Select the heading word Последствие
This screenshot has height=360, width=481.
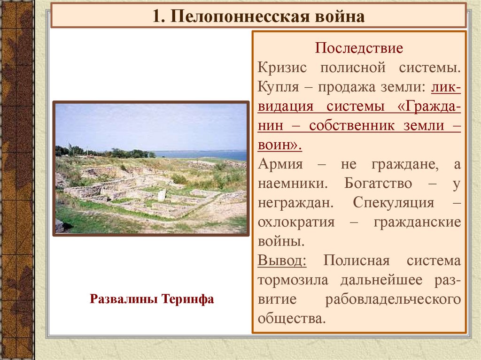click(x=358, y=48)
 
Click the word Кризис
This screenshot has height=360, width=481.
click(x=282, y=67)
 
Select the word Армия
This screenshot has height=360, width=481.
click(x=280, y=164)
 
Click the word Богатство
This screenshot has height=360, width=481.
click(x=378, y=183)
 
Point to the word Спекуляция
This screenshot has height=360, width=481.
click(x=393, y=203)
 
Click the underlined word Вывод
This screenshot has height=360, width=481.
click(x=282, y=260)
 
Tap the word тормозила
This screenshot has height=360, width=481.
click(x=293, y=280)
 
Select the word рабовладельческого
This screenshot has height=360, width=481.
click(x=393, y=299)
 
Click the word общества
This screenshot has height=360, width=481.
click(x=291, y=318)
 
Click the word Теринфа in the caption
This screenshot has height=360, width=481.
click(x=187, y=299)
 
